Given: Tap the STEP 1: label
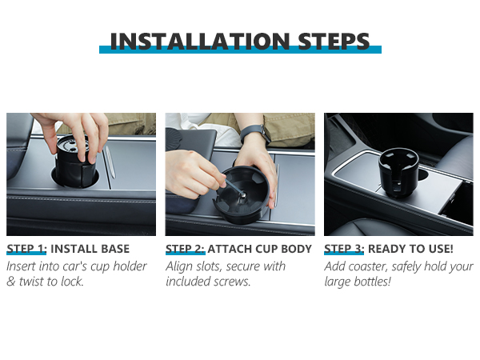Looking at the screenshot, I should pos(26,249).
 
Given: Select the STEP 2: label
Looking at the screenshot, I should pos(185,249).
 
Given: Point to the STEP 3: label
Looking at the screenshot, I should pos(344,249).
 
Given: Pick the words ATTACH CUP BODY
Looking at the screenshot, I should pos(260,249).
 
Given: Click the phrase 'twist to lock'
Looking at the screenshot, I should pos(53,282).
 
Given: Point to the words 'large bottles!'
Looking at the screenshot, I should pos(358,282).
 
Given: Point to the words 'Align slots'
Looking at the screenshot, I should pos(191,266).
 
